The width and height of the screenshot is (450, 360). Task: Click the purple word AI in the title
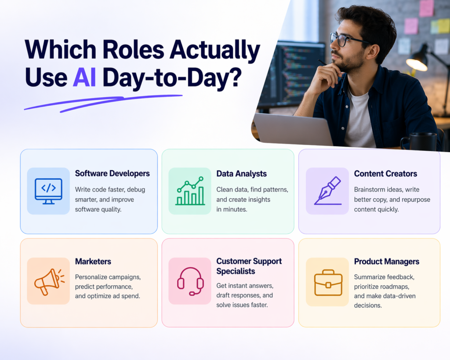click(84, 77)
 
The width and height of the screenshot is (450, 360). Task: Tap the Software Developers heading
click(112, 174)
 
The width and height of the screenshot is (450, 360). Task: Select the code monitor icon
click(48, 191)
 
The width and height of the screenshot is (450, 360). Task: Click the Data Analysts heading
click(241, 174)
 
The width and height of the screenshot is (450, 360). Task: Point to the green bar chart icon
click(190, 191)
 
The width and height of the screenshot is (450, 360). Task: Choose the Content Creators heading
click(385, 174)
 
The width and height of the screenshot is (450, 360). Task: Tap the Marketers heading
click(93, 262)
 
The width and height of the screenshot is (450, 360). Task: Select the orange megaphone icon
click(49, 281)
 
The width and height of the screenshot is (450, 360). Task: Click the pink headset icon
click(190, 281)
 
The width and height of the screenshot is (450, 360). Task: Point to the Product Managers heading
click(386, 262)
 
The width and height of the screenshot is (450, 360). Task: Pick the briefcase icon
click(328, 282)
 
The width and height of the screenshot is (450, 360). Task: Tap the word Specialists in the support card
click(236, 271)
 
